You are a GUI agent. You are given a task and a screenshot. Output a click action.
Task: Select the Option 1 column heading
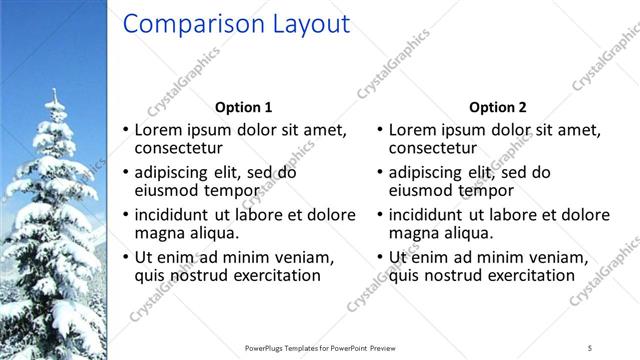click(243, 107)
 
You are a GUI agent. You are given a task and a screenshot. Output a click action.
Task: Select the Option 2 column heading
click(497, 107)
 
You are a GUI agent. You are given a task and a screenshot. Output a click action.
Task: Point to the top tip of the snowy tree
click(55, 91)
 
